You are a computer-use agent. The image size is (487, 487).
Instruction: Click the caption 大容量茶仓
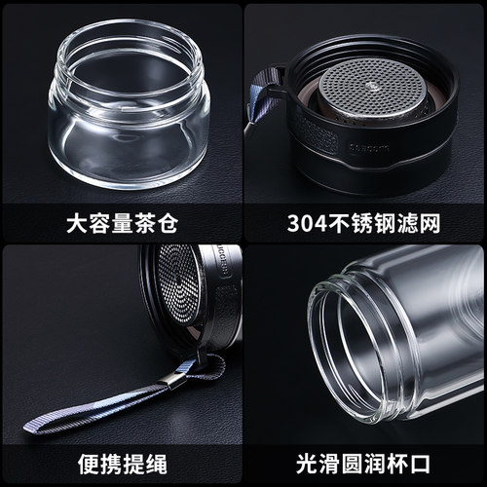[122, 223]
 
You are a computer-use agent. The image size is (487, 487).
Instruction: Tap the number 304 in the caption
[307, 223]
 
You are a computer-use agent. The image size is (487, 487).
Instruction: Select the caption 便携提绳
[123, 465]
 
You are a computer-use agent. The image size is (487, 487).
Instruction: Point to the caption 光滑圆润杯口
[363, 465]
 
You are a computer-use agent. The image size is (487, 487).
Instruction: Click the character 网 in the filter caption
[430, 223]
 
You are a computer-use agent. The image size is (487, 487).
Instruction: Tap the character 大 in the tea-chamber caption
[77, 223]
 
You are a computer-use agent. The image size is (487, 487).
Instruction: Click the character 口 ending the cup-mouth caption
[421, 465]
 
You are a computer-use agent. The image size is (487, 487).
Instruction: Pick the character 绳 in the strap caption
[157, 465]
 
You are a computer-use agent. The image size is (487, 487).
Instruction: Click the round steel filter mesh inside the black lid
[371, 87]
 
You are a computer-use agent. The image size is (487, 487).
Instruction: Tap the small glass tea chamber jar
[129, 104]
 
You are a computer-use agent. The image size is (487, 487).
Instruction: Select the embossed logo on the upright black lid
[369, 148]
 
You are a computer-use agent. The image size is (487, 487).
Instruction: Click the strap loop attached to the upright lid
[262, 95]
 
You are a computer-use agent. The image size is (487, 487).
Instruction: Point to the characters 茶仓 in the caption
[156, 223]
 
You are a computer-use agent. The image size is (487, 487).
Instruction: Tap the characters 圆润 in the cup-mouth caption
[363, 465]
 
